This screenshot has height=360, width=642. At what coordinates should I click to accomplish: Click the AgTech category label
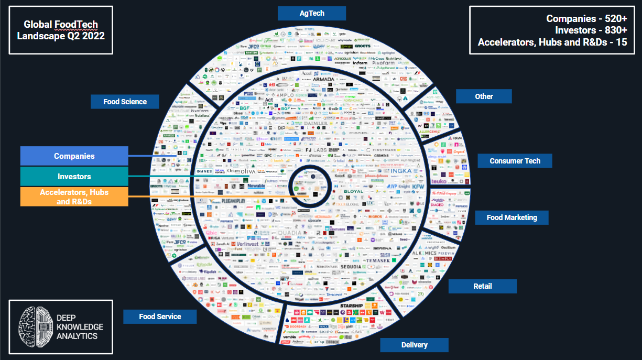click(311, 13)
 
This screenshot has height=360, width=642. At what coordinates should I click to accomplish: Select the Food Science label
click(125, 102)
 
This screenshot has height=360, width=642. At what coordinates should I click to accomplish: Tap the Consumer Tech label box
click(515, 161)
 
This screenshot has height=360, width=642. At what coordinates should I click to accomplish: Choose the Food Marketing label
click(512, 217)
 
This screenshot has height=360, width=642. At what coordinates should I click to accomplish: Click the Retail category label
click(482, 286)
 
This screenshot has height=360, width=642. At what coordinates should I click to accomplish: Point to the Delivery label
click(414, 345)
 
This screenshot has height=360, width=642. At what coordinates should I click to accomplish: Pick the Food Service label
click(160, 317)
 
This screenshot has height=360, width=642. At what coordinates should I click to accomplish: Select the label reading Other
click(484, 96)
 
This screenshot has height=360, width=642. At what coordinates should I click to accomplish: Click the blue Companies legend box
click(74, 156)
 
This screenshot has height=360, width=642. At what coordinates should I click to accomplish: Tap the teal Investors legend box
click(74, 177)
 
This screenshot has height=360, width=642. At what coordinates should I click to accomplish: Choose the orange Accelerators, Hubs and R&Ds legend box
click(74, 197)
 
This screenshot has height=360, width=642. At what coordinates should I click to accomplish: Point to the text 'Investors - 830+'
click(591, 30)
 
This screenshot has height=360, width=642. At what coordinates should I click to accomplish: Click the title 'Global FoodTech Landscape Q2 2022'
click(61, 30)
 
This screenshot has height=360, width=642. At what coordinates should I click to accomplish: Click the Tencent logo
click(333, 294)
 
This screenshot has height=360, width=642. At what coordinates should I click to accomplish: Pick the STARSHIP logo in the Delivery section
click(351, 306)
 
